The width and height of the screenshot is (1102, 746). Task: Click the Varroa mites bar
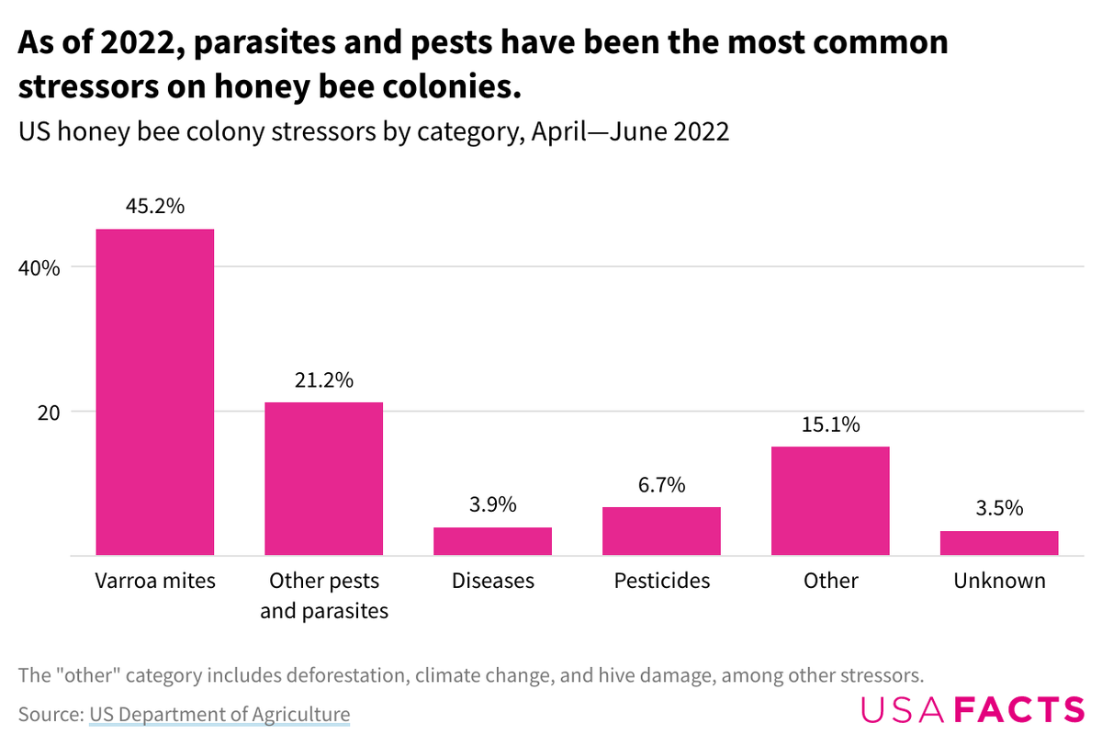click(155, 392)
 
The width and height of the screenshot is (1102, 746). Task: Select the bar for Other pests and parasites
click(323, 479)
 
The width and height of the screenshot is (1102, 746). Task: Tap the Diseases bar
click(492, 541)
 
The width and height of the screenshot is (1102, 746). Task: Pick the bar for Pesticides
click(661, 531)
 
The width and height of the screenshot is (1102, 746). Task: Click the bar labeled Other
click(830, 501)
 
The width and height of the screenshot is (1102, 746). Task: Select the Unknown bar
click(999, 543)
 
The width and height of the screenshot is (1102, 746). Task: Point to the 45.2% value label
click(155, 207)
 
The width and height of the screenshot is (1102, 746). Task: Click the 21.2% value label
click(323, 380)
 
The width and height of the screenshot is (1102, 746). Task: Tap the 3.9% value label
click(492, 505)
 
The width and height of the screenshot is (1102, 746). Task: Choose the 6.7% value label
click(661, 485)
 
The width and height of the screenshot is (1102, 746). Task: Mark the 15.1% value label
click(830, 424)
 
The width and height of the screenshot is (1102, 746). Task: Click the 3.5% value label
click(999, 508)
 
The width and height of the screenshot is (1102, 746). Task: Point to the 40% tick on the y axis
click(39, 268)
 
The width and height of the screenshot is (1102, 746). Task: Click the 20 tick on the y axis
click(47, 413)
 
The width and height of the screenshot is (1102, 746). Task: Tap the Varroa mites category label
click(155, 581)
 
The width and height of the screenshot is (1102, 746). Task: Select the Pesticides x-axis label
click(661, 581)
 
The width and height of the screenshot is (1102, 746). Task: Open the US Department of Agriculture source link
click(219, 714)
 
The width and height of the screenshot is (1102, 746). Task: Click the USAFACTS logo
click(973, 710)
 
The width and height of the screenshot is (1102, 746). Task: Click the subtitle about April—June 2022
click(374, 131)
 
